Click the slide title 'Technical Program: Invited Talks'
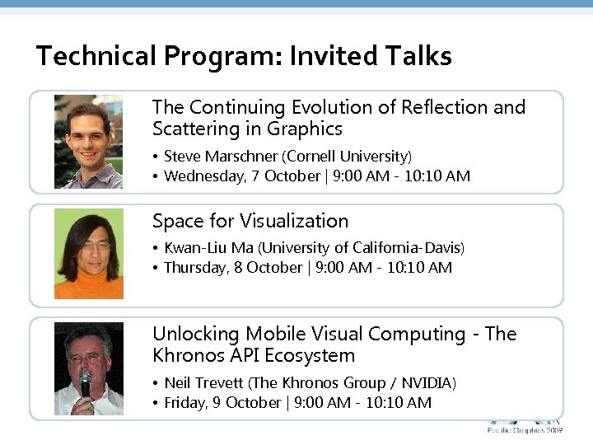point(244,56)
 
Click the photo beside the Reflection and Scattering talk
point(88,142)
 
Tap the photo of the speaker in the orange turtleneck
point(88,254)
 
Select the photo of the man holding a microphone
point(88,368)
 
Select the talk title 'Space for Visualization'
point(250,221)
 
